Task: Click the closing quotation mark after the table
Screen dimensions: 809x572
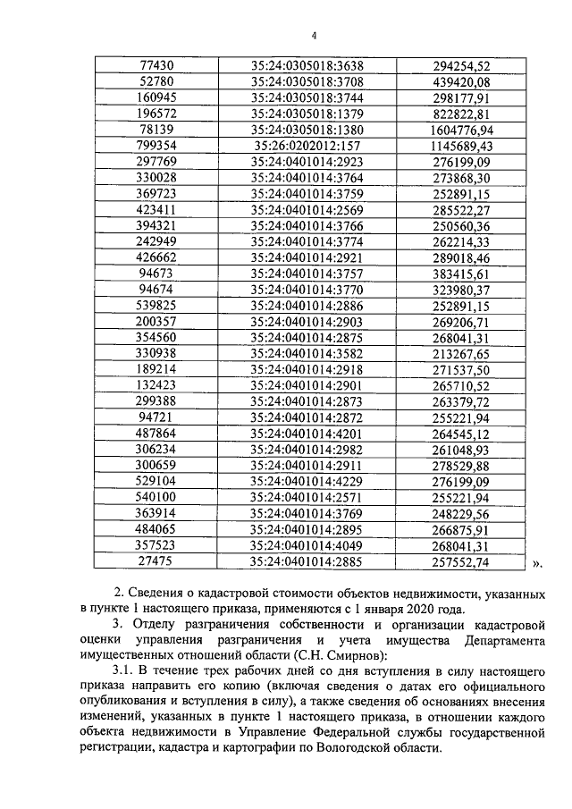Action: pyautogui.click(x=537, y=564)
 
